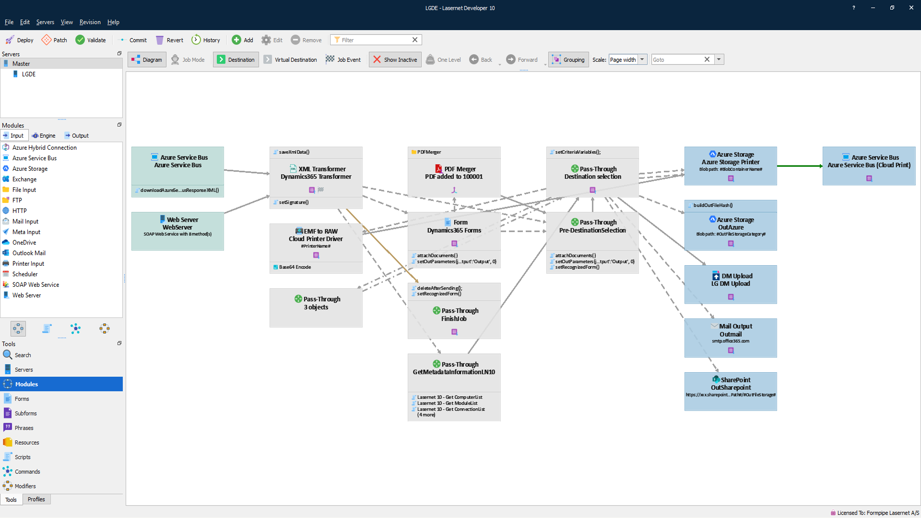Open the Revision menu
coord(90,22)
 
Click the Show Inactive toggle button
coord(395,59)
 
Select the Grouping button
coord(568,59)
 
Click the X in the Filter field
coord(415,40)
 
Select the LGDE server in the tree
coord(28,74)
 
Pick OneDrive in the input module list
coord(24,243)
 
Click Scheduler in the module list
coord(25,274)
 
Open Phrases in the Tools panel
coord(24,428)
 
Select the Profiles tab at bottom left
coord(36,499)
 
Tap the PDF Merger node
coord(454,172)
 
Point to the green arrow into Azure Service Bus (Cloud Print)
coord(800,166)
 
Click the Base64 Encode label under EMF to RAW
coord(295,267)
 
